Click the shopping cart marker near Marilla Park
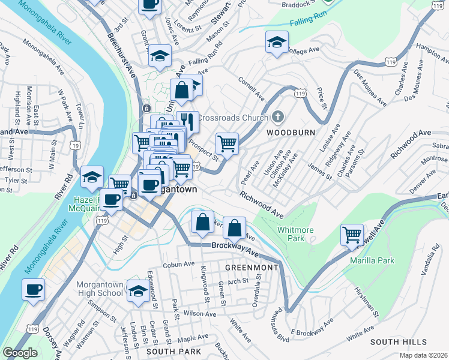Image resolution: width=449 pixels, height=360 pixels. [352, 235]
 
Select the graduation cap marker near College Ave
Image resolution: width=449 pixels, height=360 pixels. [277, 42]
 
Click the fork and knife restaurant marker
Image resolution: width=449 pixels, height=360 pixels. [187, 122]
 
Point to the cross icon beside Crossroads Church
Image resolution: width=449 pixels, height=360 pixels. [277, 116]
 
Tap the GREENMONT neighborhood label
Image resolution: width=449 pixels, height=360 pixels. [252, 267]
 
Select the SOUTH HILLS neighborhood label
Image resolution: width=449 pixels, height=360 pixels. [393, 341]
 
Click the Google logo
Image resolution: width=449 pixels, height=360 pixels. [20, 353]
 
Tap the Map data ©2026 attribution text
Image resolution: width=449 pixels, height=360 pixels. [423, 355]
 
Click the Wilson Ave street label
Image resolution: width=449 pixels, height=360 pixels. [200, 314]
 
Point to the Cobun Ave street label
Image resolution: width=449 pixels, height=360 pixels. [179, 264]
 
